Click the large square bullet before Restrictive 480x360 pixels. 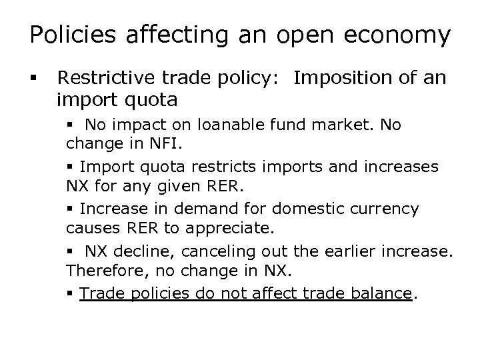(33, 79)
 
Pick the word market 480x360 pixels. (346, 125)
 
